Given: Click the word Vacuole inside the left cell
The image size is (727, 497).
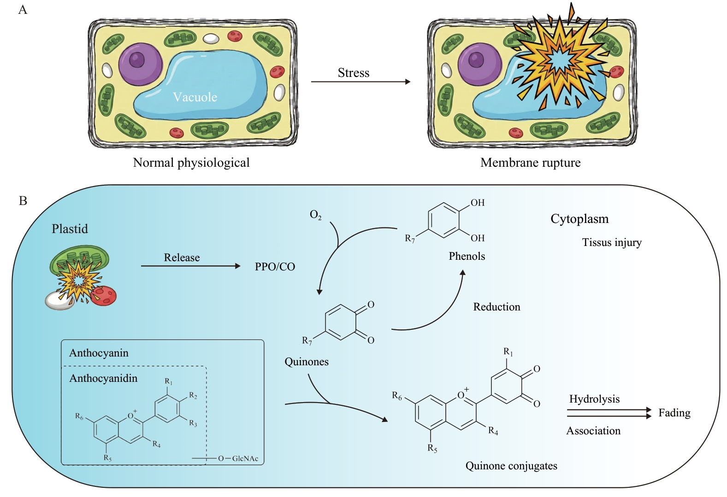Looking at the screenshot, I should [195, 97].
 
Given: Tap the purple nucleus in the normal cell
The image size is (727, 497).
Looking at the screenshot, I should [140, 64].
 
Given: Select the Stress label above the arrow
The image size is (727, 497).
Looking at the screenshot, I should [354, 73].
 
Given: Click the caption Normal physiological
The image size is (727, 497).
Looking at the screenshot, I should [191, 163].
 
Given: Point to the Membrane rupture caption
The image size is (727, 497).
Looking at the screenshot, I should [530, 163].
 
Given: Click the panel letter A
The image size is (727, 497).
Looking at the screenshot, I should [23, 10].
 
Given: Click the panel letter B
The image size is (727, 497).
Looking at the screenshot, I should [23, 201].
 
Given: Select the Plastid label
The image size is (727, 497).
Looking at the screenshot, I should [70, 229].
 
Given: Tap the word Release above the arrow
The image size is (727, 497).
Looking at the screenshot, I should [182, 257].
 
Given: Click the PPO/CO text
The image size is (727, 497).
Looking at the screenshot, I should [275, 267].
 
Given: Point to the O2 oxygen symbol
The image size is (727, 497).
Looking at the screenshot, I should [316, 215].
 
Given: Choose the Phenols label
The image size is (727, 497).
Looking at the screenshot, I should [467, 256].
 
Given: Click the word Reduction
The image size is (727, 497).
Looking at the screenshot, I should [496, 307].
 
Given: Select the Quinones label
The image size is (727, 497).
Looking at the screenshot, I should [307, 362].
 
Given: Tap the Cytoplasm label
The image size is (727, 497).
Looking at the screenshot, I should [579, 219].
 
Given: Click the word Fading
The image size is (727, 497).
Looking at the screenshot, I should [674, 413].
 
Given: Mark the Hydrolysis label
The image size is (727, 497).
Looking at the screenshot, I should [594, 399].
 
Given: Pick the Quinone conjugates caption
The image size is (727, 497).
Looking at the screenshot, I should [511, 466].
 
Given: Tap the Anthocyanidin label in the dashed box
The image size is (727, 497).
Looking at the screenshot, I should [103, 378].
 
